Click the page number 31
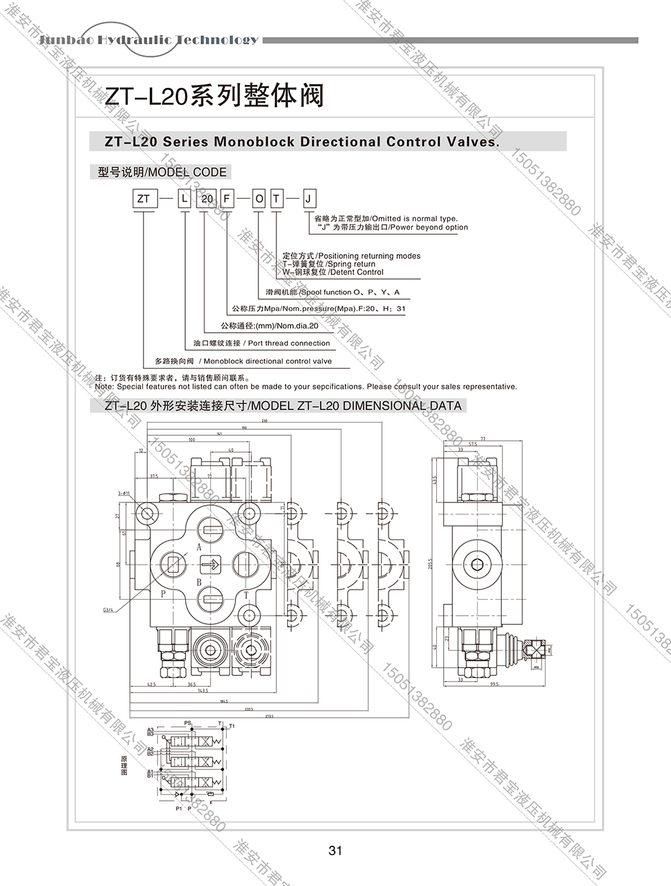point(335,850)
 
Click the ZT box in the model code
point(144,199)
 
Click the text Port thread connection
point(289,343)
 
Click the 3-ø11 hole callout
point(125,494)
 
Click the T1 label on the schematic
point(232,726)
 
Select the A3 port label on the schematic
point(151,729)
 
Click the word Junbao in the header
point(66,40)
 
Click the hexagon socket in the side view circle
point(477,564)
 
